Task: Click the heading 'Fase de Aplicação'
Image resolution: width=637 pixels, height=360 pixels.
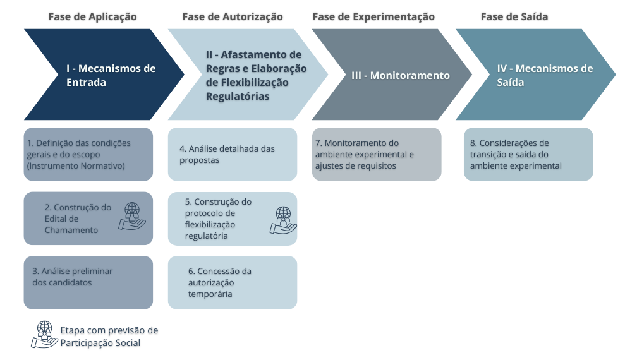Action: tap(93, 16)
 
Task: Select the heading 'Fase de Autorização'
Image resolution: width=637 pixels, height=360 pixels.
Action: tap(233, 16)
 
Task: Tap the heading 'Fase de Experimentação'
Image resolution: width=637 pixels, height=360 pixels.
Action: tap(373, 16)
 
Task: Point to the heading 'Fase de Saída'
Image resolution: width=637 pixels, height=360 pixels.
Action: tap(514, 16)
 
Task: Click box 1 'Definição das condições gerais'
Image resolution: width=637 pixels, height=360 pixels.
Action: tap(88, 154)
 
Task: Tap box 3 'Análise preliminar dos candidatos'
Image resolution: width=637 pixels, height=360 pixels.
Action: tap(88, 282)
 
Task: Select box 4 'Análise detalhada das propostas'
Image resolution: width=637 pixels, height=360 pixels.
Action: tap(233, 154)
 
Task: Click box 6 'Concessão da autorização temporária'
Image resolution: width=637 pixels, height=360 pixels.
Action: tap(233, 282)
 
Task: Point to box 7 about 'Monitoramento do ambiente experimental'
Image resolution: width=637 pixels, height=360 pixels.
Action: tap(377, 154)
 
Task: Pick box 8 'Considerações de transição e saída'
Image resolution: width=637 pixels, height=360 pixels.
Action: tap(528, 154)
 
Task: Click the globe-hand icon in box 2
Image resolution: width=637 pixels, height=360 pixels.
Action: tap(132, 217)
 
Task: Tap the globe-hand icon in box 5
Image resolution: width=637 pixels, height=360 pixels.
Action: tap(283, 220)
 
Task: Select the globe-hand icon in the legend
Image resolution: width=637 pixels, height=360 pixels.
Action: tap(45, 335)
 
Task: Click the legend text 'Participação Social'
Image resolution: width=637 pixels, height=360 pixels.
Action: tap(100, 343)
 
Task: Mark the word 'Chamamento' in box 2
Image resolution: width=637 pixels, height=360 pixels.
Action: tap(71, 230)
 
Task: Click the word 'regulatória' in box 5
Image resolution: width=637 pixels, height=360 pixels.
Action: tap(207, 236)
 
